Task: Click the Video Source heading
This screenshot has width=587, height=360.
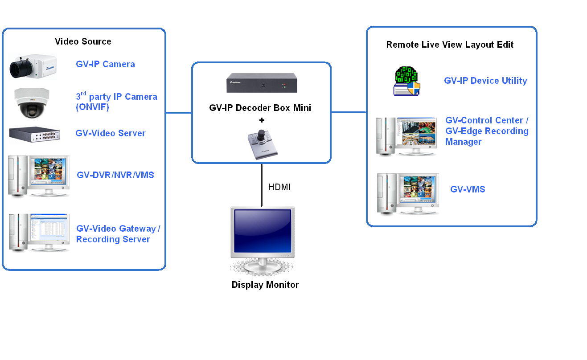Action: point(83,41)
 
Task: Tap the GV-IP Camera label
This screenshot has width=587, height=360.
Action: point(105,64)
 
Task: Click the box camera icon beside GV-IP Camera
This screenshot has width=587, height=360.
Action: point(33,66)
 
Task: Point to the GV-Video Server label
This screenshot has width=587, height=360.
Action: point(111,133)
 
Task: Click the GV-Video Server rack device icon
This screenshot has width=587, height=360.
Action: point(35,135)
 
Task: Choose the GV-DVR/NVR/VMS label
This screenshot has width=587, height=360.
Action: point(115,175)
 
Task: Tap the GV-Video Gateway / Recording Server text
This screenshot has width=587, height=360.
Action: point(118,234)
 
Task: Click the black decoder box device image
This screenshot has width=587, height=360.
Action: point(262,83)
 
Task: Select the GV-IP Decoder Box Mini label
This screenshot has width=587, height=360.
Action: point(260,108)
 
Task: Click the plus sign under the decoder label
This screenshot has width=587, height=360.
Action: point(262,120)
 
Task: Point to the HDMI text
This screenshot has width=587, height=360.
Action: point(279,187)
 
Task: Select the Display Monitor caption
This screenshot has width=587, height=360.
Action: point(265,285)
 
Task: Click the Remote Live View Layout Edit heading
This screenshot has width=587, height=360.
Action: point(450,45)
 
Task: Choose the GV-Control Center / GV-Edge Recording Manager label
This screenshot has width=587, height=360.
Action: point(487,131)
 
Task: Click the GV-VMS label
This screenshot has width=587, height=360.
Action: point(468,189)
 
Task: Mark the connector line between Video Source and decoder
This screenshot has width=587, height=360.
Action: point(179,112)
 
